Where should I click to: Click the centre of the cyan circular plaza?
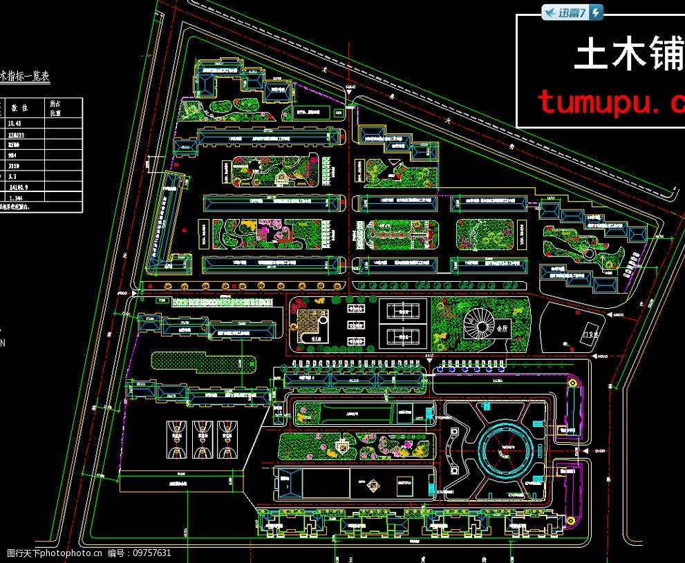[503, 450]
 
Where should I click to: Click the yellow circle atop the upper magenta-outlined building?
[572, 382]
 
